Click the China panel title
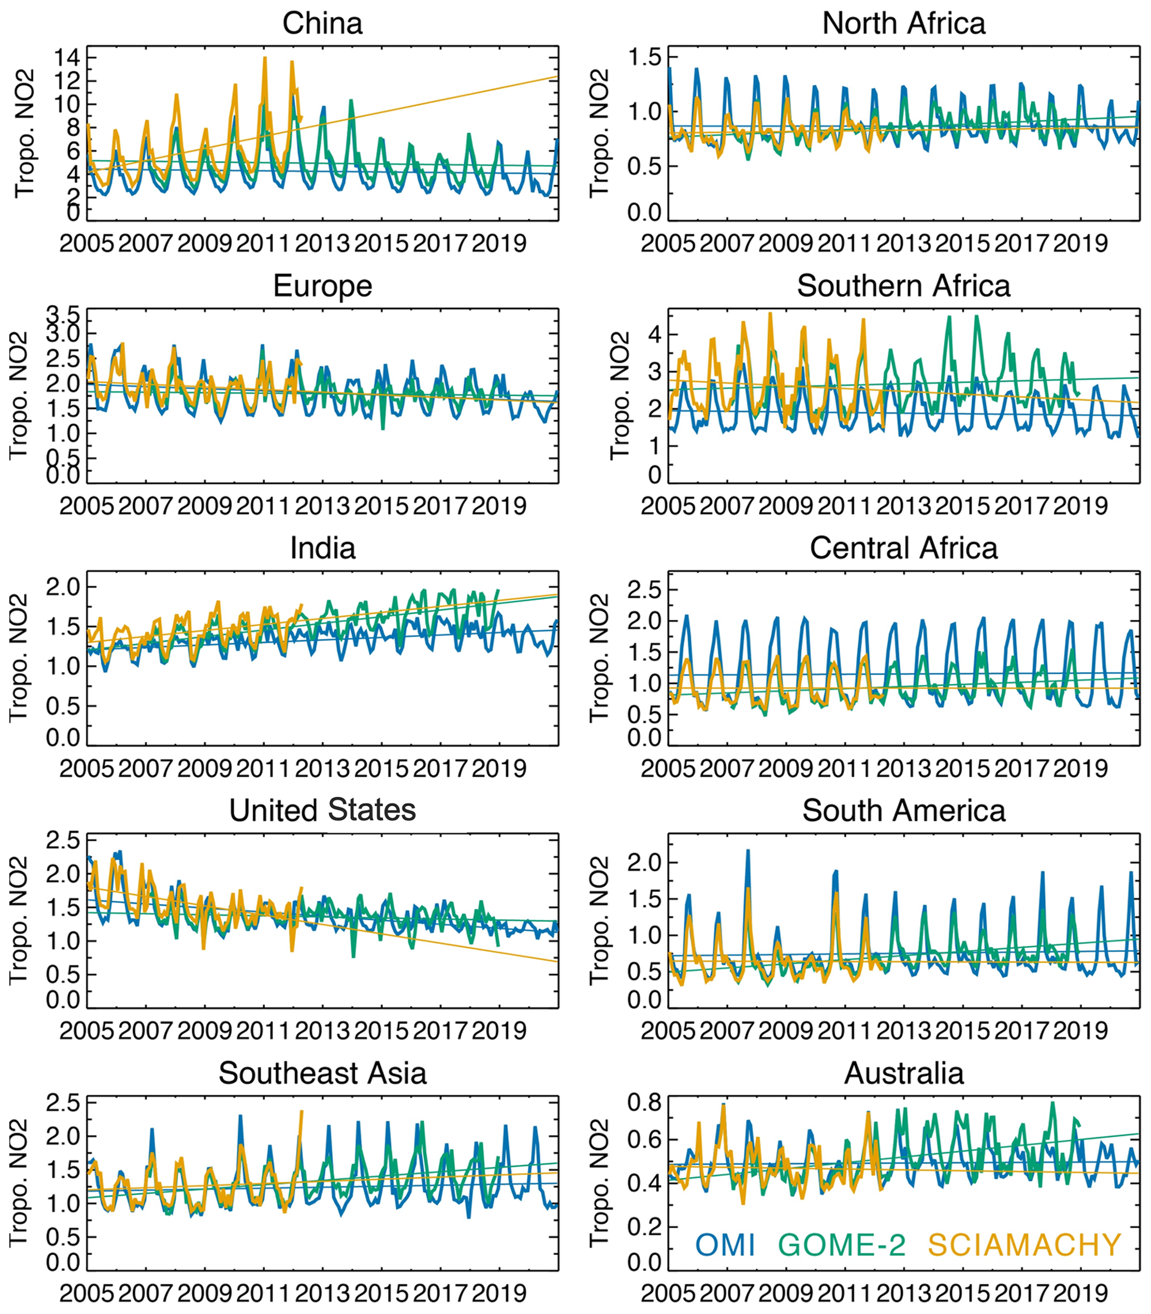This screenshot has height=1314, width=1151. click(x=322, y=24)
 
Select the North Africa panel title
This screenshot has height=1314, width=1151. click(x=903, y=24)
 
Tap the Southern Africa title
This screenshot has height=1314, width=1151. click(x=903, y=286)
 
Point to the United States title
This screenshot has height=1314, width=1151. click(x=322, y=811)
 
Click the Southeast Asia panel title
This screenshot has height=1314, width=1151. click(x=322, y=1073)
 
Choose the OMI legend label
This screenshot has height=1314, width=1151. click(x=724, y=1244)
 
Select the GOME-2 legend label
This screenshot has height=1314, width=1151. click(x=841, y=1244)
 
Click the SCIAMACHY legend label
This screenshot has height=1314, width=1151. click(x=1025, y=1244)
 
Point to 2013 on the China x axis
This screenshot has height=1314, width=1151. click(x=322, y=244)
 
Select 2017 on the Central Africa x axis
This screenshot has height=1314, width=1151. click(x=1021, y=769)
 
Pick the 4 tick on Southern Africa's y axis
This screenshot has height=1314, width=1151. click(x=654, y=334)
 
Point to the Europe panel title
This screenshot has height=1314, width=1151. click(x=322, y=286)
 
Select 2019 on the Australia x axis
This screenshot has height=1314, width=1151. click(x=1080, y=1293)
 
